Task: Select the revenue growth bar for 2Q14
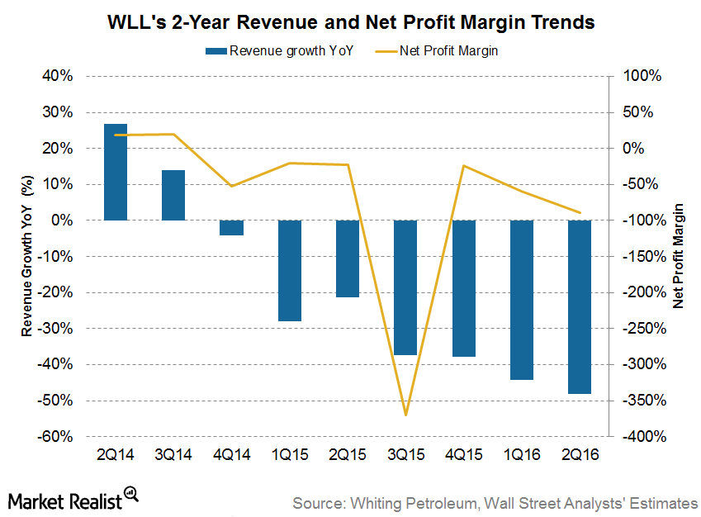click(116, 172)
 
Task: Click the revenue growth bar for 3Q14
click(173, 195)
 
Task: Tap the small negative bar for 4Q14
click(232, 228)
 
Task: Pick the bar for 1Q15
click(290, 270)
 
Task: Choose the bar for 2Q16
click(580, 306)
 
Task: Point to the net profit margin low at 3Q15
click(405, 415)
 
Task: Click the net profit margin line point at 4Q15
click(464, 166)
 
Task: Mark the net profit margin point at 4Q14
click(232, 186)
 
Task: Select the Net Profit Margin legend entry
click(446, 50)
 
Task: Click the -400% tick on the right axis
click(641, 437)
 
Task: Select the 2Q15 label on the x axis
click(348, 454)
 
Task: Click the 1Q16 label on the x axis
click(522, 454)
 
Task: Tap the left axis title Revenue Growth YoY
click(27, 256)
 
